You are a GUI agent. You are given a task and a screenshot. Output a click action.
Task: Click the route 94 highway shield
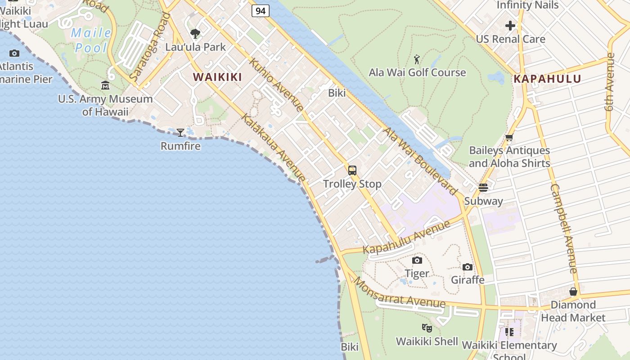[x=261, y=11]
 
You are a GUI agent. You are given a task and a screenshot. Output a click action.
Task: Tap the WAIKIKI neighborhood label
[x=218, y=77]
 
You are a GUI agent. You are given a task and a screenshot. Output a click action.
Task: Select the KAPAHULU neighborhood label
[x=548, y=79]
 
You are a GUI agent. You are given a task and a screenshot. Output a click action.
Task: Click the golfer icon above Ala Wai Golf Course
[x=417, y=59]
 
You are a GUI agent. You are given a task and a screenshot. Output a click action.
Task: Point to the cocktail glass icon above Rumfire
[x=180, y=132]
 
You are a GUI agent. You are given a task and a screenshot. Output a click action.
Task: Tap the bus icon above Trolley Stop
[x=352, y=171]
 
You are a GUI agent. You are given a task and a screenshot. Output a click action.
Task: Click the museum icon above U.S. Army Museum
[x=105, y=85]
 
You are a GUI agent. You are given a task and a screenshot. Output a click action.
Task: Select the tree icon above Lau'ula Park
[x=195, y=34]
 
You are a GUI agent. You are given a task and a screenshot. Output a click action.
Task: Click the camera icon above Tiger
[x=417, y=260]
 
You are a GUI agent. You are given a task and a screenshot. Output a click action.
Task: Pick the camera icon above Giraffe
[x=468, y=267]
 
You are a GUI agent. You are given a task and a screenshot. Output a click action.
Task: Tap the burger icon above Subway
[x=483, y=187]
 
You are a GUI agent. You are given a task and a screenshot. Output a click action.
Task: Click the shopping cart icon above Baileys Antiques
[x=509, y=138]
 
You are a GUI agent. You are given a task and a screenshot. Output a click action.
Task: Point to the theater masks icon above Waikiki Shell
[x=427, y=328]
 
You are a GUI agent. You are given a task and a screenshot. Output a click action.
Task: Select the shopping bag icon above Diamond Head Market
[x=573, y=292]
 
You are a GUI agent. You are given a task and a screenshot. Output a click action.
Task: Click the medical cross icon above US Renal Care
[x=510, y=26]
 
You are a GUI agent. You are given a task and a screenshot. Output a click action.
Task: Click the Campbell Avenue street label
[x=564, y=228]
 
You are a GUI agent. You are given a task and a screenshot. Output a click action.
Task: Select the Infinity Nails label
[x=527, y=5]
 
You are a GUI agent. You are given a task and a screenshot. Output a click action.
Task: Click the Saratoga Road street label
[x=149, y=48]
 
